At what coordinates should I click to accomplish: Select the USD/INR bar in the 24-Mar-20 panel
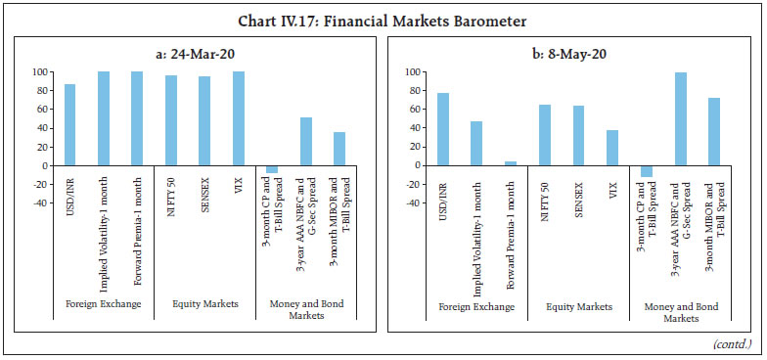pyautogui.click(x=69, y=124)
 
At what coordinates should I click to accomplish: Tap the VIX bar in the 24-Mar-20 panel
pyautogui.click(x=238, y=118)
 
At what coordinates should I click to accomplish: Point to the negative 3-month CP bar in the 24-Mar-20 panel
pyautogui.click(x=272, y=169)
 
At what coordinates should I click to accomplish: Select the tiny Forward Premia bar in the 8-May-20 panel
pyautogui.click(x=510, y=163)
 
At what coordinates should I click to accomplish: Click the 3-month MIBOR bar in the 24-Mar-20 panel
pyautogui.click(x=339, y=149)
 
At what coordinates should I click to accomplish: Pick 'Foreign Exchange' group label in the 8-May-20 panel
pyautogui.click(x=476, y=307)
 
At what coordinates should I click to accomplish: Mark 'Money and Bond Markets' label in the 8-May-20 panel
pyautogui.click(x=681, y=313)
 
